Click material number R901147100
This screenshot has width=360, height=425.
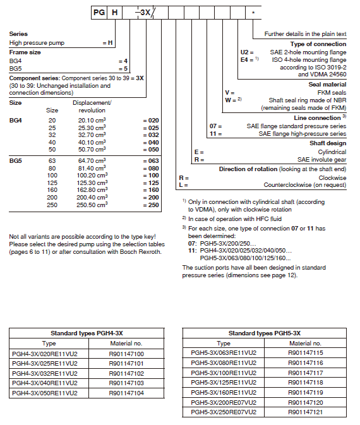(126, 354)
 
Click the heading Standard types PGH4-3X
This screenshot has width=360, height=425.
(88, 332)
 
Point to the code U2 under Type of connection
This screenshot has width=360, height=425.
(246, 52)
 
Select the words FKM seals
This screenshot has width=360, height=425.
(332, 93)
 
